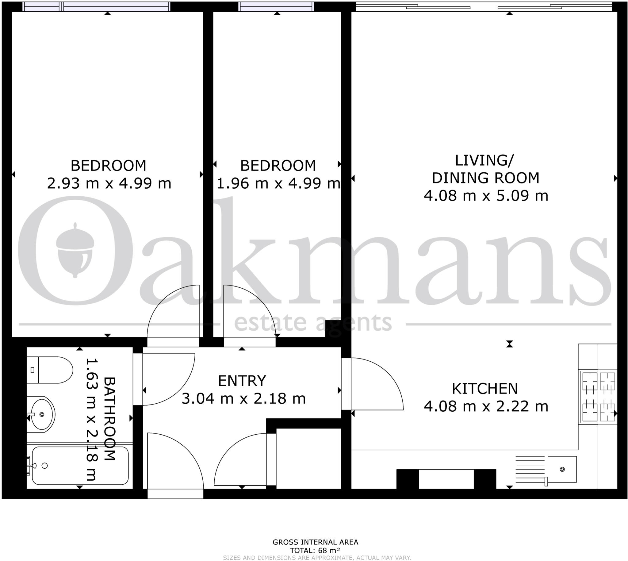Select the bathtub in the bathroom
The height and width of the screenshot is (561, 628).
pos(80,466)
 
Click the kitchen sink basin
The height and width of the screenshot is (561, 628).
pos(562,469)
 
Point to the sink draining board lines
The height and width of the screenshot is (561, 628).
pos(530,469)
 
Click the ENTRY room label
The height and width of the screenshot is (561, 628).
pos(242,381)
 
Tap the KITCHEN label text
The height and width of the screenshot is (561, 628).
pos(485,389)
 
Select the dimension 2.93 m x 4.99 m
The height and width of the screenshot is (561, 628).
pos(109,183)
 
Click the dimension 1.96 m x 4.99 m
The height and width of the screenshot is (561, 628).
pos(278,183)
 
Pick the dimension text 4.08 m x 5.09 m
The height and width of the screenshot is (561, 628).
pos(486,196)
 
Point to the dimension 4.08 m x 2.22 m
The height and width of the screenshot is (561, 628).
pos(486,406)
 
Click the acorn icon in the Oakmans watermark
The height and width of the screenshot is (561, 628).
pos(75,250)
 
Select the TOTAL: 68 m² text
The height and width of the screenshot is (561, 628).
pos(315,551)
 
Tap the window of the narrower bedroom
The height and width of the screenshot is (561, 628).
pos(276,6)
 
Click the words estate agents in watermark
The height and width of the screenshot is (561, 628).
pos(313,323)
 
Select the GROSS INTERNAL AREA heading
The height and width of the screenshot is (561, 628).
pos(315,542)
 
